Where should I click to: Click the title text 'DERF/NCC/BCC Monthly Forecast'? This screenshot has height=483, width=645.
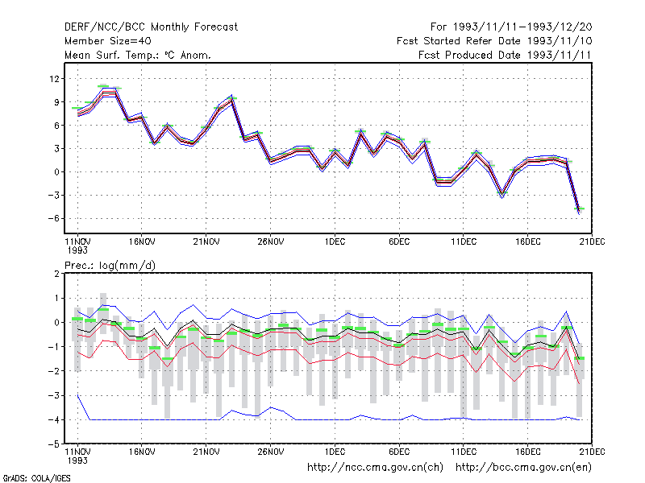coord(151,27)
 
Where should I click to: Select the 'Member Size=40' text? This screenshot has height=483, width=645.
coord(108,41)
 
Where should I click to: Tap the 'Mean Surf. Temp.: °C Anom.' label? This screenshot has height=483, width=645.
coord(137,55)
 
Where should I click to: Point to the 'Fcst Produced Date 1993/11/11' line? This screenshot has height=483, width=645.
coord(505,55)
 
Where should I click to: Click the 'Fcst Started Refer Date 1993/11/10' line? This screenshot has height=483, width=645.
coord(494,41)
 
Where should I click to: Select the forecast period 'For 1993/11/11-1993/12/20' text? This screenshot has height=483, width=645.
coord(511,27)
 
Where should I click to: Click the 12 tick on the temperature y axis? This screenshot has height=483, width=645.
coord(54,78)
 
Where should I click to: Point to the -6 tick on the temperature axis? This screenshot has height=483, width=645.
coord(53,218)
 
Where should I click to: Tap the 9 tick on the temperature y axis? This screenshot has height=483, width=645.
coord(56,102)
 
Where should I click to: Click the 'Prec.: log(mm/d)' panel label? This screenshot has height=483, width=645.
coord(110,266)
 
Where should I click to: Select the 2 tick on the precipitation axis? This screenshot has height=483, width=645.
coord(56,274)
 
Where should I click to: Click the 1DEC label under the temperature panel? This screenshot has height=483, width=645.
coord(335,242)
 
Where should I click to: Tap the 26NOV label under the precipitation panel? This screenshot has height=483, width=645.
coord(270,452)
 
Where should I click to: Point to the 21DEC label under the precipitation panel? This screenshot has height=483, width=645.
coord(592,452)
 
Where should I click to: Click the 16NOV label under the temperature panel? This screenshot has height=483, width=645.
coord(142,242)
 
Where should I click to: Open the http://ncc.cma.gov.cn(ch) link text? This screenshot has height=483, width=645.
coord(375,468)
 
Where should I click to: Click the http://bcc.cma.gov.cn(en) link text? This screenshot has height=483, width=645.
coord(523,468)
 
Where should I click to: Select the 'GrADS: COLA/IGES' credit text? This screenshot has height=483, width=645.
coord(36,478)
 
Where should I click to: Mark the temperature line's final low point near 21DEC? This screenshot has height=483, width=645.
coord(579,211)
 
